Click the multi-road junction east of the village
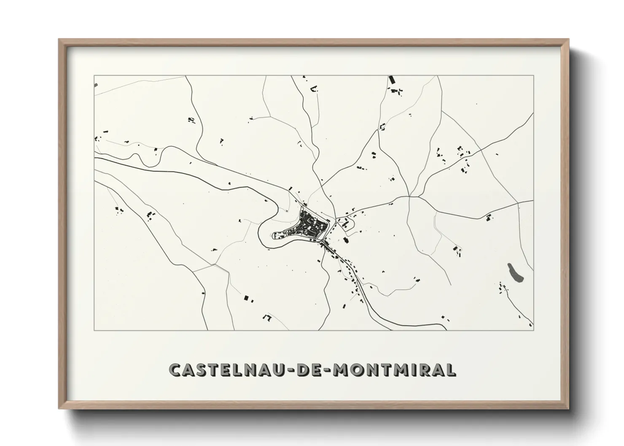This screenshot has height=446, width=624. point(410,196)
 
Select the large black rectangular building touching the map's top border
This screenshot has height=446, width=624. point(391,80)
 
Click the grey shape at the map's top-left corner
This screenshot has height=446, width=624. point(96,85)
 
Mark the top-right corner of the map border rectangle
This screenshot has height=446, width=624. point(533,76)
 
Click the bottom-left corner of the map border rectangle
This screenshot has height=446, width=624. point(94,330)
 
